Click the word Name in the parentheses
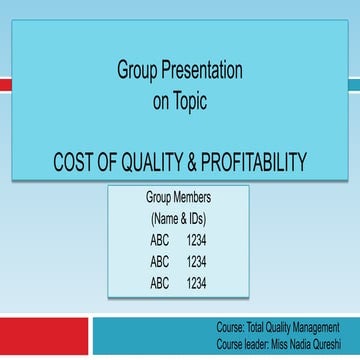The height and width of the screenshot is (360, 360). tap(165, 217)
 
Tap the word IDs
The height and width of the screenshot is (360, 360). tap(197, 217)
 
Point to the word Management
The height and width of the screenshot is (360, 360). tap(315, 327)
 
